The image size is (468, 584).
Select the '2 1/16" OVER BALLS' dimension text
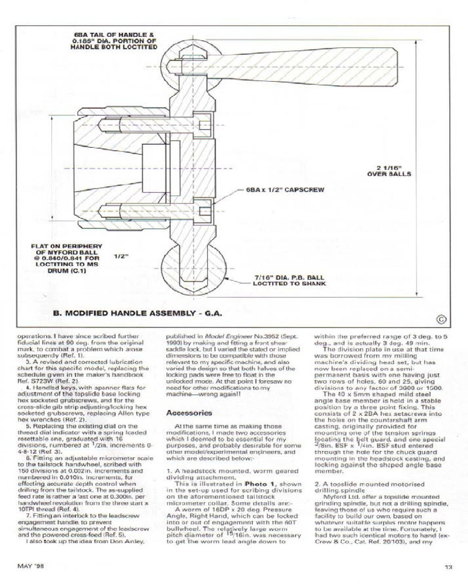point(388,171)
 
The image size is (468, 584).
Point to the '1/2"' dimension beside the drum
point(121,256)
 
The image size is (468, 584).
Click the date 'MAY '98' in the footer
point(30,566)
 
